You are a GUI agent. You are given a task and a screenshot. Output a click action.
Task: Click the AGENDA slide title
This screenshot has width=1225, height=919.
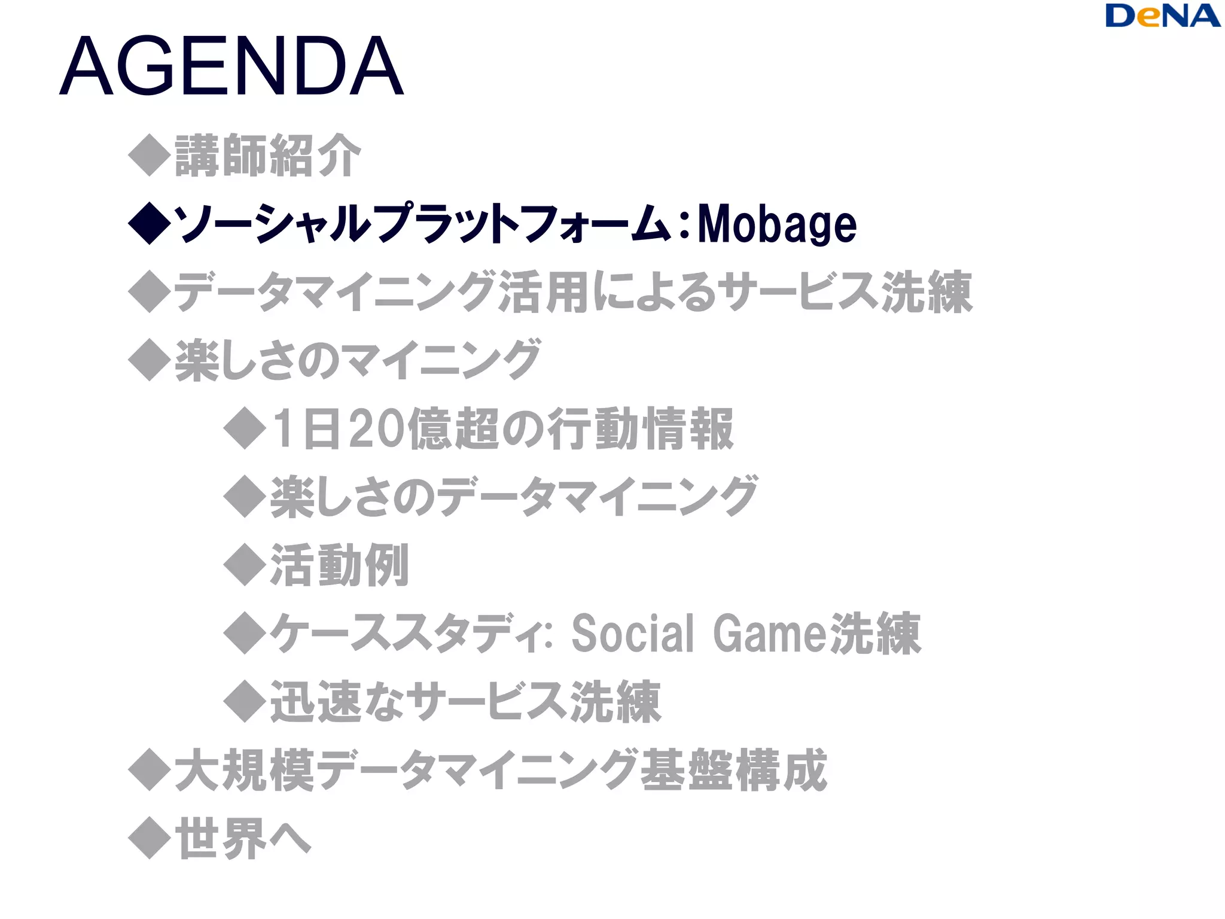click(232, 66)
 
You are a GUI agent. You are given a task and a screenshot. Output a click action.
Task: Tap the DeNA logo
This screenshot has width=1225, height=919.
click(1162, 16)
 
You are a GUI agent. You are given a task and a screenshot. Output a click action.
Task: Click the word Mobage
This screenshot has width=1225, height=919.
click(777, 224)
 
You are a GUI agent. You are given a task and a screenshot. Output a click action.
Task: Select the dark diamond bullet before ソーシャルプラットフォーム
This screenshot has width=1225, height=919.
click(150, 223)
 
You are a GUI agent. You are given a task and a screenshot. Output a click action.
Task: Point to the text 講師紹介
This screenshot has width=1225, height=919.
click(268, 156)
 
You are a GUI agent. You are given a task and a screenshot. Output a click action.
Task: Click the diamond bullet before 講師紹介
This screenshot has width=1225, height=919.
click(150, 155)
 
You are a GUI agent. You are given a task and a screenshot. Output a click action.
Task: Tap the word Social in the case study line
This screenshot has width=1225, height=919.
click(633, 633)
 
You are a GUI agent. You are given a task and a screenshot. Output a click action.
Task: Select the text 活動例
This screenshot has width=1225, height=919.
click(340, 565)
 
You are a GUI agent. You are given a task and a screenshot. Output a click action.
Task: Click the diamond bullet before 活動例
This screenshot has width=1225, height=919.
click(245, 564)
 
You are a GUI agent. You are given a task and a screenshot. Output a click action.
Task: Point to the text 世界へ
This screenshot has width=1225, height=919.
click(243, 838)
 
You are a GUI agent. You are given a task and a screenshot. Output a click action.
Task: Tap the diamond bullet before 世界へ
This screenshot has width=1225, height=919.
click(150, 838)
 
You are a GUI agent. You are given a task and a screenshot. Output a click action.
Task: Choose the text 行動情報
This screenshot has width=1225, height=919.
click(641, 428)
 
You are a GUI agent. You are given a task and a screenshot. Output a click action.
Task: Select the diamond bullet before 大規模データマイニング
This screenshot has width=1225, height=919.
click(150, 769)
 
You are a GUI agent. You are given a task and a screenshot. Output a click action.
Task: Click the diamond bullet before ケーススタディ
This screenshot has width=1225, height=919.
click(245, 632)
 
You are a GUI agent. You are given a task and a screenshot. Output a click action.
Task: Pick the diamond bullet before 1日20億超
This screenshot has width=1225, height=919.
click(245, 428)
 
